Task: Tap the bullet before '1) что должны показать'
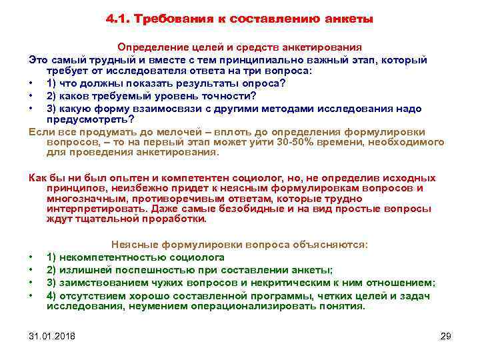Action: [x=31, y=83]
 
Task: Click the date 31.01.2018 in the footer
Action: [x=53, y=335]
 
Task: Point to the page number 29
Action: [x=446, y=335]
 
